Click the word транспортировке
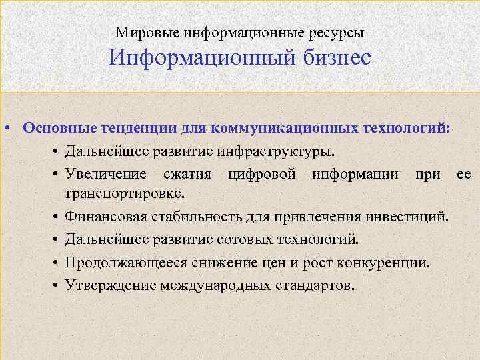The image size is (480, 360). (122, 193)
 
